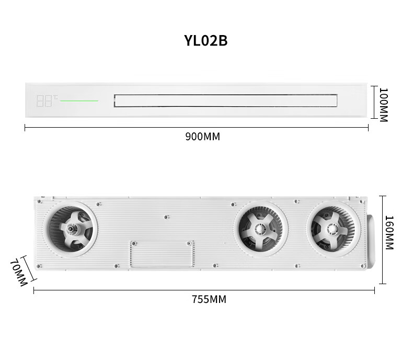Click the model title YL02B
click(205, 41)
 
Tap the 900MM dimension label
click(202, 137)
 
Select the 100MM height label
click(384, 105)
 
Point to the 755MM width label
click(209, 299)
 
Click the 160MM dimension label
click(389, 232)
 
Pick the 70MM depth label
click(19, 273)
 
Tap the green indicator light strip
click(79, 100)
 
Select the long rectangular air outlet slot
click(225, 100)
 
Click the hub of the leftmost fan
click(71, 229)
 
